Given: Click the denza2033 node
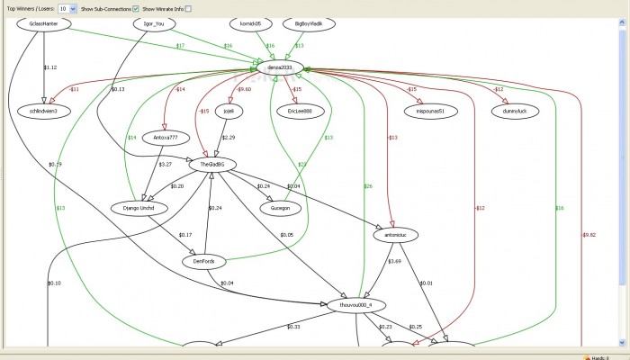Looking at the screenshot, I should [x=282, y=67].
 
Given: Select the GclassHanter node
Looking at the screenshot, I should [x=43, y=24].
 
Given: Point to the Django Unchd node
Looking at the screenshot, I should [x=145, y=208].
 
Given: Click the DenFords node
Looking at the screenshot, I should [x=203, y=261].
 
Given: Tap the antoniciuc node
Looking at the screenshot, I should [x=396, y=234].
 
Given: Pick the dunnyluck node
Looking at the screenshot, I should [x=512, y=111].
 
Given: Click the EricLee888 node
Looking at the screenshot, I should [x=294, y=111].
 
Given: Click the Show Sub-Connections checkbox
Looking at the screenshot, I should [x=135, y=8].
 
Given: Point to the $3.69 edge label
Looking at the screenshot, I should [x=393, y=261].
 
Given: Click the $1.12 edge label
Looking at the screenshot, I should [x=50, y=67].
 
